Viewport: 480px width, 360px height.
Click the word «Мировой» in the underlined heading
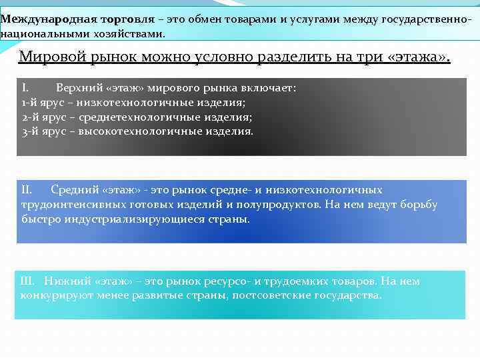[47, 56]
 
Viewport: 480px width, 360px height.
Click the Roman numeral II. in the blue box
[27, 190]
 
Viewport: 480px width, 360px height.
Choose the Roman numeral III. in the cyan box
[29, 281]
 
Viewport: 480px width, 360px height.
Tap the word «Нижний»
[69, 281]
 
